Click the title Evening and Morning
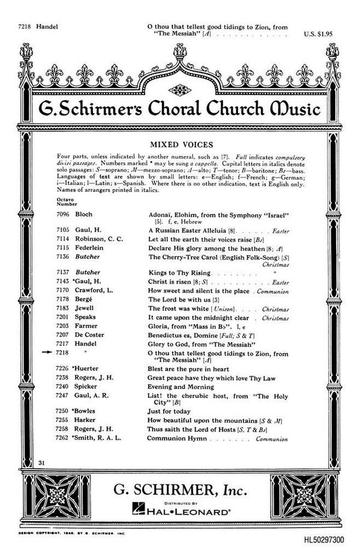[181, 387]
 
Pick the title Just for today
[170, 411]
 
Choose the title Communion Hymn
[177, 438]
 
